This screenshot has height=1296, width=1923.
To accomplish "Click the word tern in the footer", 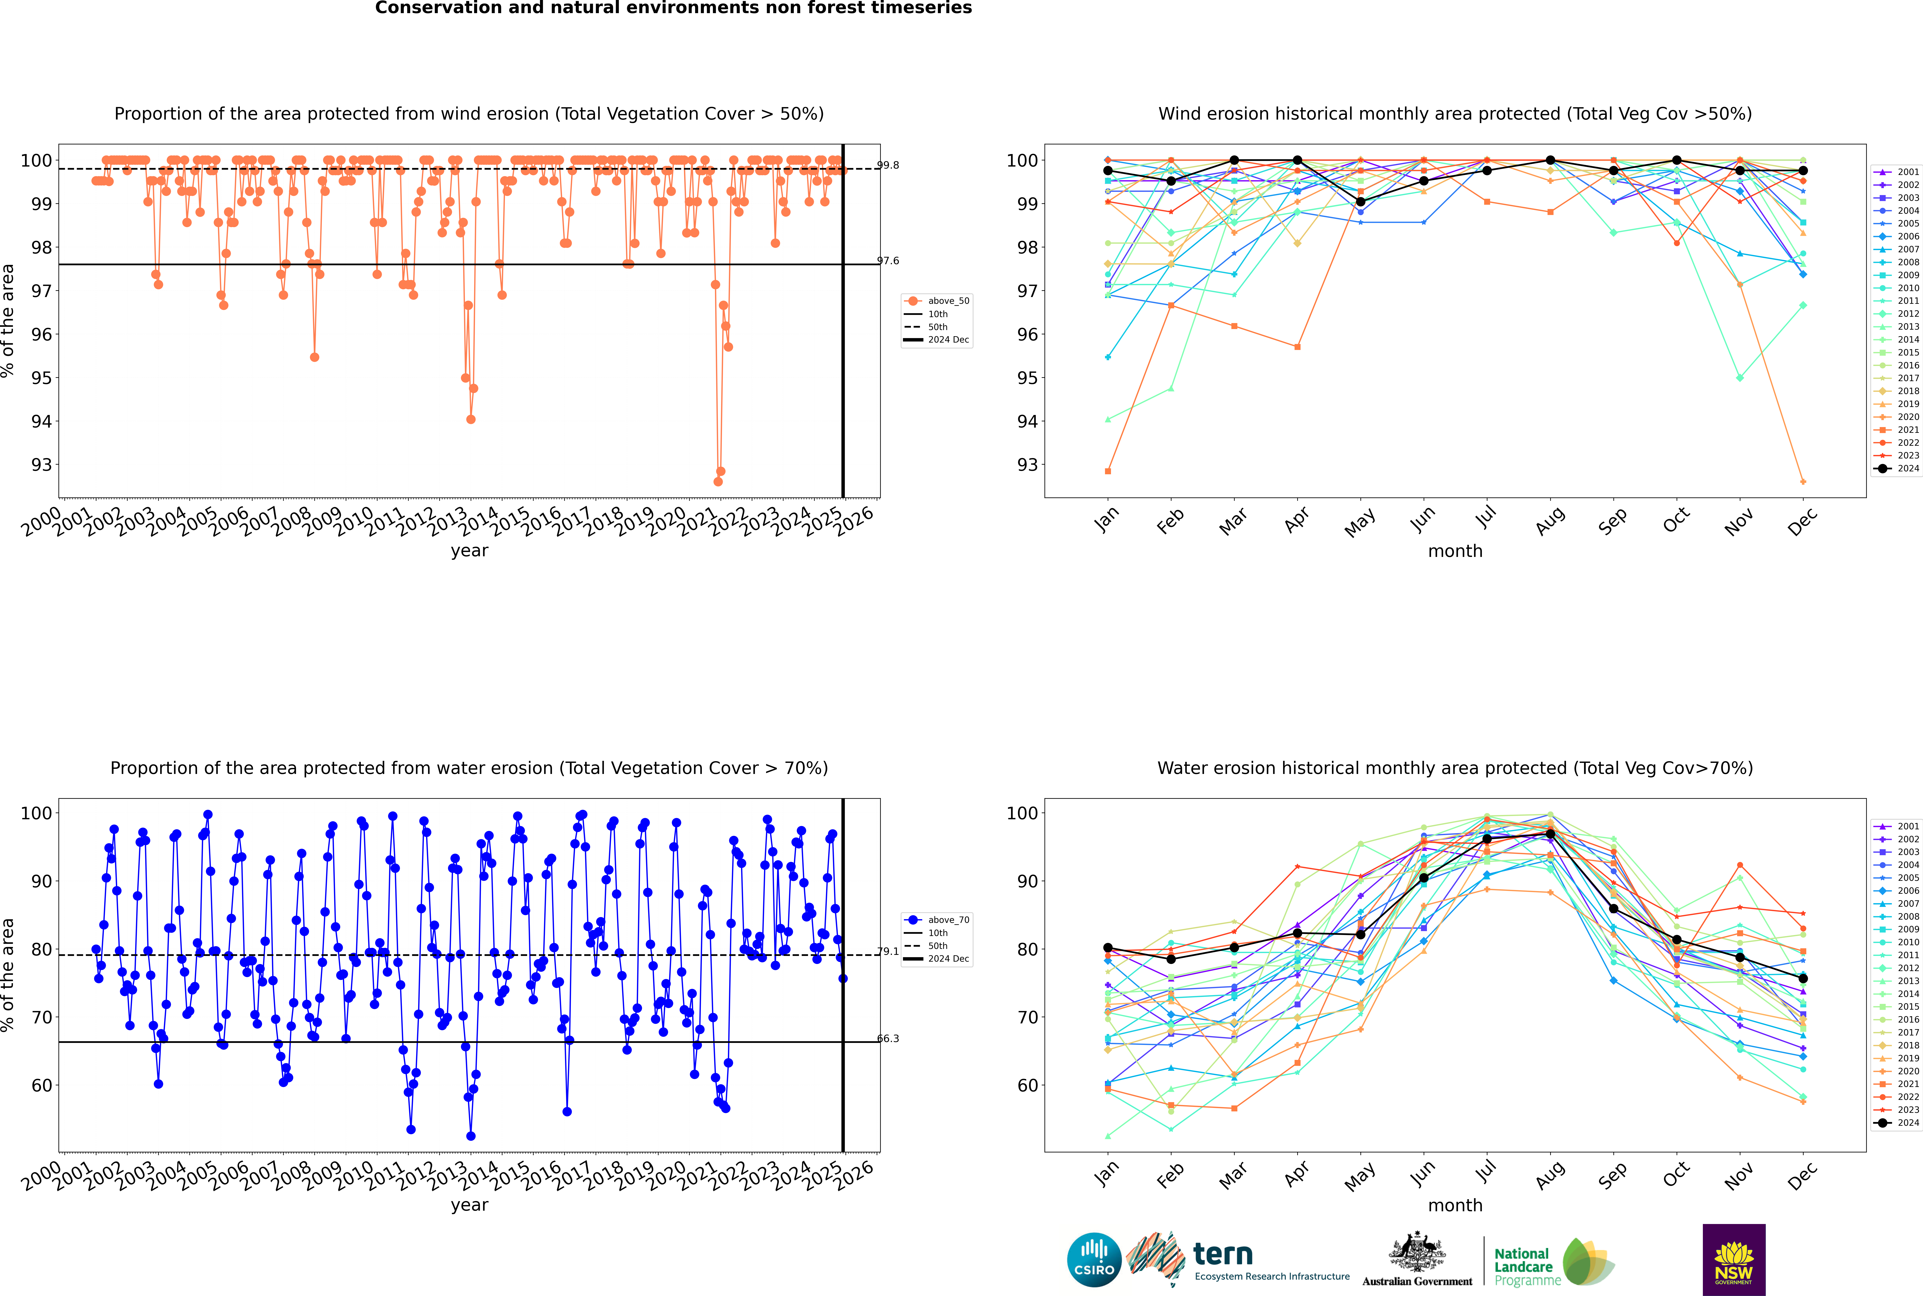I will pos(1223,1255).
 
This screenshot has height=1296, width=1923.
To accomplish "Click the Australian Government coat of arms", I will pos(1417,1252).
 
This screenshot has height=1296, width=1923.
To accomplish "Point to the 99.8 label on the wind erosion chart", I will pos(888,165).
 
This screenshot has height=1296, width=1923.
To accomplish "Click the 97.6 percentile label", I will pos(888,261).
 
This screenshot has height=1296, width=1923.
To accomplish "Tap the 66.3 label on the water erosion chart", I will pos(888,1039).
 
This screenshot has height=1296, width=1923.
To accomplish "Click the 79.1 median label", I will pos(888,951).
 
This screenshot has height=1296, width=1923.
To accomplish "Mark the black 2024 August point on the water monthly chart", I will pos(1550,834).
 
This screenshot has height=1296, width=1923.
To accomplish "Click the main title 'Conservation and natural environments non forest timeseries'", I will pos(673,8).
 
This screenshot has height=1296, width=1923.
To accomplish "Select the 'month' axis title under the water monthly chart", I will pos(1455,1205).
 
